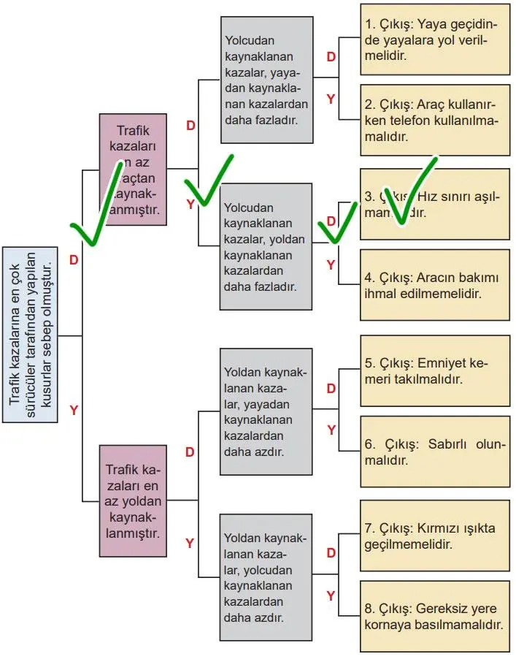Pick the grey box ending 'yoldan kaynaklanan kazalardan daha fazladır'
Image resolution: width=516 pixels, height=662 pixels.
(266, 246)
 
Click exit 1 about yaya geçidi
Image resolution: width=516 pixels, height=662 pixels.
(434, 39)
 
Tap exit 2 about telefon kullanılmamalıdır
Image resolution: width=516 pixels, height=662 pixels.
(434, 120)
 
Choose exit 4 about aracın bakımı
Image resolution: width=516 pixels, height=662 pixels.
(434, 285)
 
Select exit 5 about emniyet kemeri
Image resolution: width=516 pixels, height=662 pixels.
(434, 370)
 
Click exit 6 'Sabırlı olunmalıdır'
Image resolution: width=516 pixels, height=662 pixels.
(434, 452)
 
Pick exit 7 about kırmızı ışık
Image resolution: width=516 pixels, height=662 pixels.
(434, 536)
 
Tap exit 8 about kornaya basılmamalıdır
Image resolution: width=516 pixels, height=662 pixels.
(434, 616)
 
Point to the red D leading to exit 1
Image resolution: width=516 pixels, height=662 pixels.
(331, 57)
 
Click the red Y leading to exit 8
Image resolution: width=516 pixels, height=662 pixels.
(331, 596)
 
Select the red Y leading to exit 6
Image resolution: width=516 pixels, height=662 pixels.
(331, 430)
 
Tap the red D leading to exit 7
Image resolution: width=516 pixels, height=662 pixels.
(331, 553)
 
